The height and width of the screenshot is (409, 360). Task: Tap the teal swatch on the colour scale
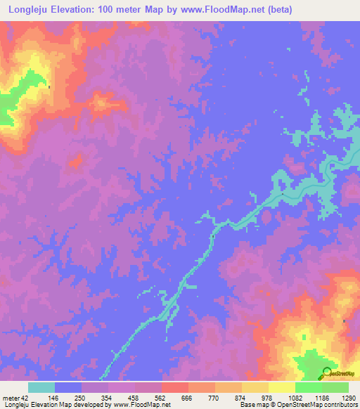pyautogui.click(x=41, y=387)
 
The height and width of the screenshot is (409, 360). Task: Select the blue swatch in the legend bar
pyautogui.click(x=68, y=387)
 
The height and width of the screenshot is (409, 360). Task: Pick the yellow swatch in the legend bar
pyautogui.click(x=281, y=387)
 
